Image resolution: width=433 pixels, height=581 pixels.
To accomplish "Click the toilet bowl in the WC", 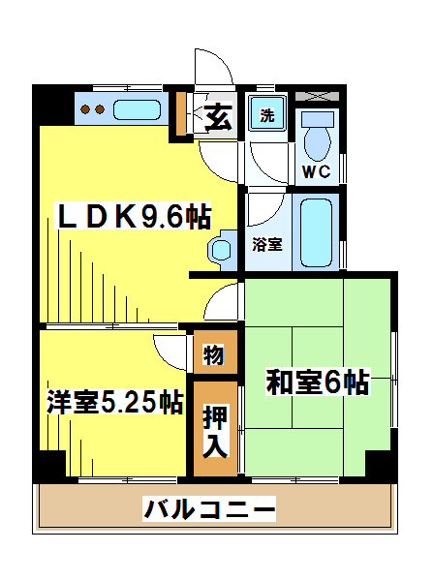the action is click(317, 143).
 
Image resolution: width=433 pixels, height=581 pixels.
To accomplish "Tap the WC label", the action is click(316, 171).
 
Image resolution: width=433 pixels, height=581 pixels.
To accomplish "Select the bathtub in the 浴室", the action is click(316, 232).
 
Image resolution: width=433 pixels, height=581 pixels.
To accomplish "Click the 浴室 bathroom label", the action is click(267, 244).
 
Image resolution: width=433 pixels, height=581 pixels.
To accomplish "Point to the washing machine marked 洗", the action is click(267, 113).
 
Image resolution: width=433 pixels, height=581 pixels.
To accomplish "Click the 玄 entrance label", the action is click(218, 117).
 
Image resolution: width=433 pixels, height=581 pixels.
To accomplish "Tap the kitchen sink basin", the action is click(137, 109).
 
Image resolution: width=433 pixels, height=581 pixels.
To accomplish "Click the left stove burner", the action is click(85, 109).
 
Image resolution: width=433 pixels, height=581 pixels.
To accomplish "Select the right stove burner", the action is click(100, 109).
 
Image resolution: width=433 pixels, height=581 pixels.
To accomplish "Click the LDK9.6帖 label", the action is click(133, 216).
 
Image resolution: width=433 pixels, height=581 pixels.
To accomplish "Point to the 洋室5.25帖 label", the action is click(114, 402).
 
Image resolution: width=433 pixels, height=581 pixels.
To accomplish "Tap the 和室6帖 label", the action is click(318, 382).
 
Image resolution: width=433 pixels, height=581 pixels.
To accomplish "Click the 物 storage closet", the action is click(215, 352).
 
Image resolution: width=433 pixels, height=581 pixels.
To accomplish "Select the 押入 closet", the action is click(215, 429).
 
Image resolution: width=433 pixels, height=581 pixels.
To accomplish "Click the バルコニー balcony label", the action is click(209, 508).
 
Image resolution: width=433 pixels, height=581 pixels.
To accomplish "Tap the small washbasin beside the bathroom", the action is click(223, 250).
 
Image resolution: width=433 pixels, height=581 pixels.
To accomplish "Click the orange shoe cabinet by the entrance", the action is click(180, 113).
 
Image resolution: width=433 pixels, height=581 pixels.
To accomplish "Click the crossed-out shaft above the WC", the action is click(317, 96).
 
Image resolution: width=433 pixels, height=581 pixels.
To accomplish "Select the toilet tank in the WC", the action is click(318, 119).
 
